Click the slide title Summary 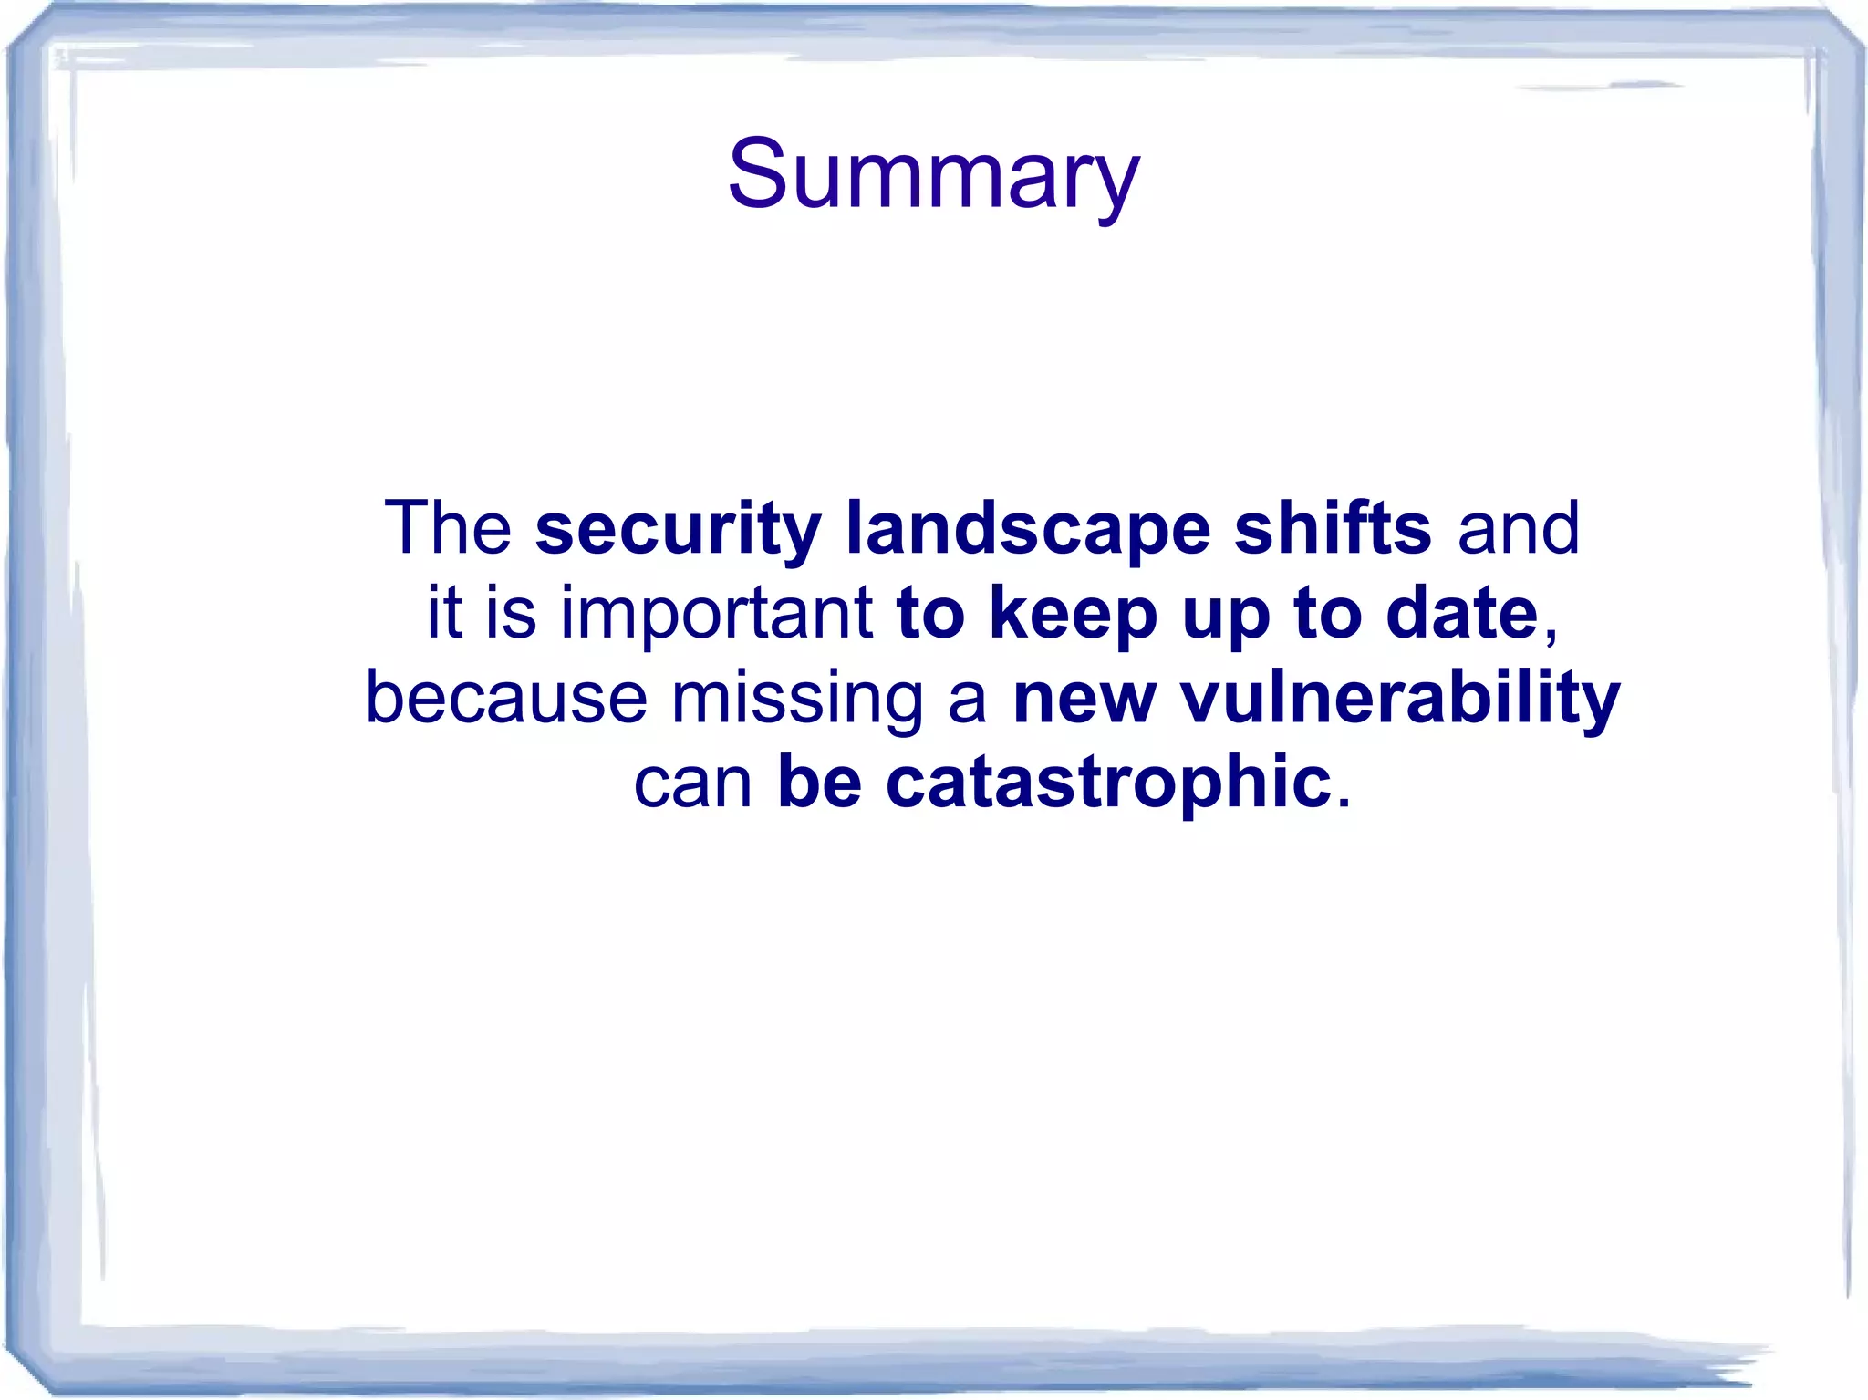[x=933, y=175]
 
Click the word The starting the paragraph [x=448, y=528]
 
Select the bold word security [x=678, y=530]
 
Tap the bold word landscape [x=1028, y=530]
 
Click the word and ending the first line [x=1518, y=528]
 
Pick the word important [x=717, y=615]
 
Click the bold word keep [x=1074, y=615]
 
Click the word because [x=506, y=698]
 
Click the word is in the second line [x=511, y=613]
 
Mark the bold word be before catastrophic [x=819, y=783]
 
